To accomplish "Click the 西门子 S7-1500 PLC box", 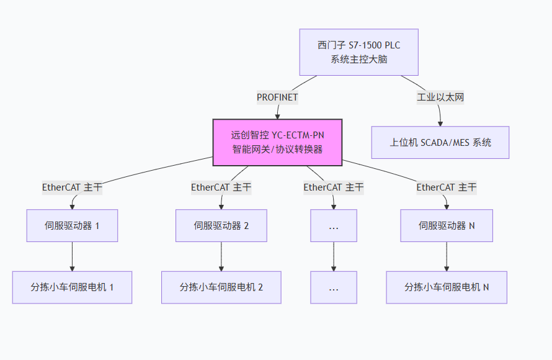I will tap(358, 52).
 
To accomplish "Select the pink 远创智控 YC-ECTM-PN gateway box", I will tap(277, 142).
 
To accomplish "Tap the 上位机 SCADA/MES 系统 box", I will tap(440, 142).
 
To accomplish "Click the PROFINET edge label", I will tap(277, 97).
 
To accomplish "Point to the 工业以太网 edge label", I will tap(440, 97).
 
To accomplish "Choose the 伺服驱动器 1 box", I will tap(72, 225).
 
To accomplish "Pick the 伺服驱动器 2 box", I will tap(221, 225).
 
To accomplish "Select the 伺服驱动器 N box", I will tap(447, 225).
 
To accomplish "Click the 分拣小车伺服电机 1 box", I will tap(72, 287).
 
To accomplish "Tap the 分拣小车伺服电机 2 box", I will tap(221, 287).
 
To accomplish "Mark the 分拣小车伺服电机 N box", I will tap(447, 287).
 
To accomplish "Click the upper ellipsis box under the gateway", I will tap(334, 225).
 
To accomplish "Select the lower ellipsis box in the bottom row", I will tap(334, 287).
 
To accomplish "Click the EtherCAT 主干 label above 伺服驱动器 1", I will tap(72, 187).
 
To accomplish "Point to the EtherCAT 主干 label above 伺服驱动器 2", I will tap(221, 187).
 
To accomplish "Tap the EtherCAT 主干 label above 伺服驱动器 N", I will tap(447, 187).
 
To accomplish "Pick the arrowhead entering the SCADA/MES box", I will tap(440, 124).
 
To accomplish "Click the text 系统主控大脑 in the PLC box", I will tap(358, 60).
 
